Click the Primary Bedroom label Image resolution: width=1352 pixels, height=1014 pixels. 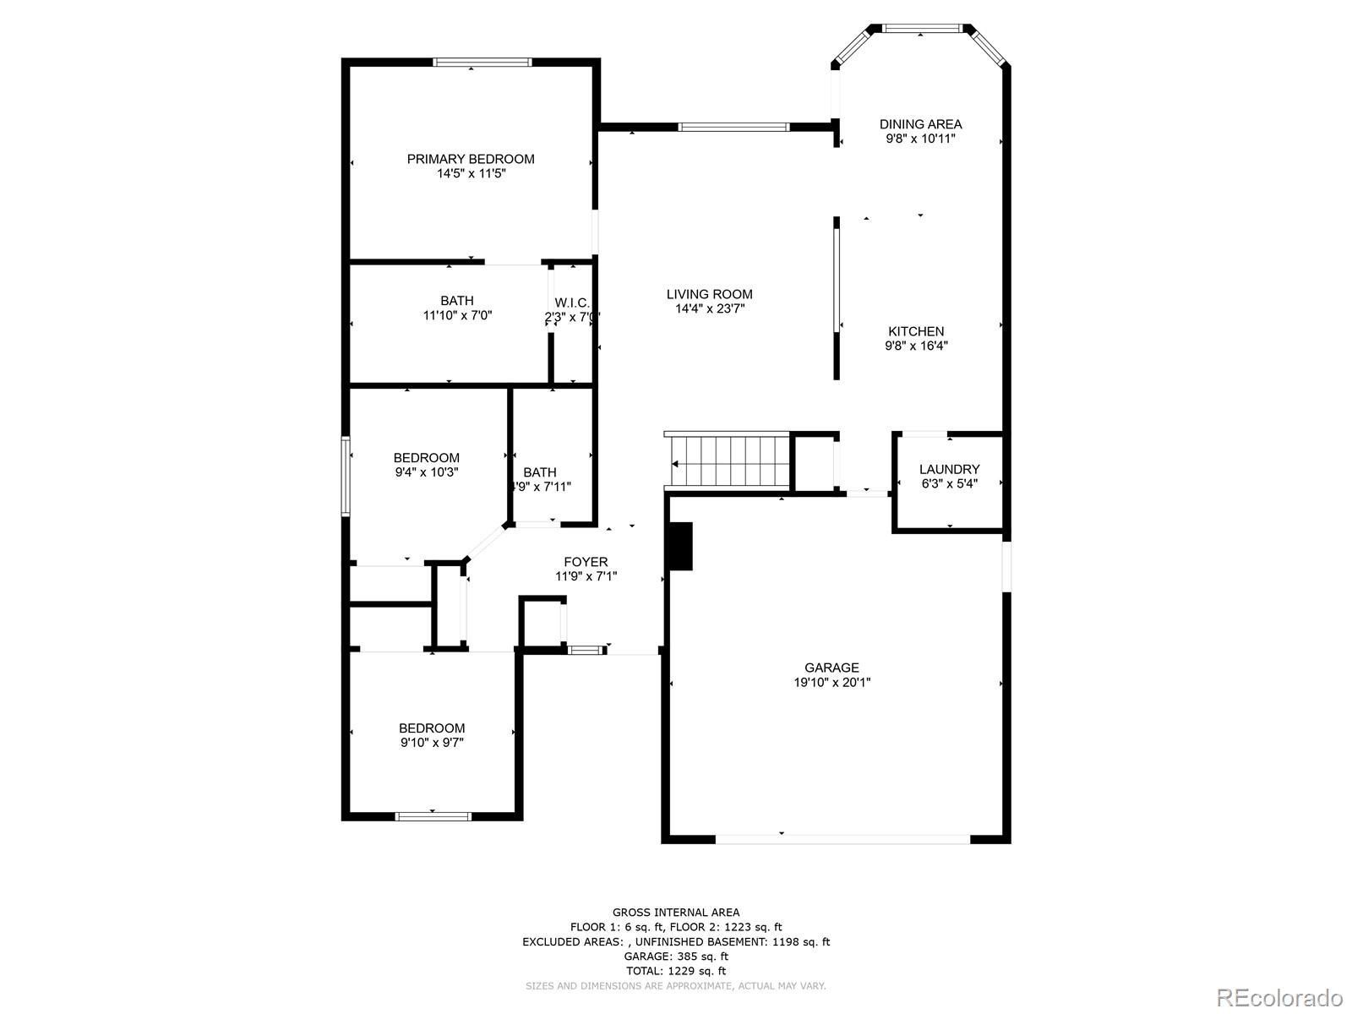click(x=471, y=159)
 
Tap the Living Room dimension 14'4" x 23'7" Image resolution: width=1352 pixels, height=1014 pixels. click(x=709, y=309)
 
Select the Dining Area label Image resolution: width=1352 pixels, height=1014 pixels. click(x=920, y=124)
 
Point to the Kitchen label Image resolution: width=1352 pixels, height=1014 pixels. click(x=916, y=331)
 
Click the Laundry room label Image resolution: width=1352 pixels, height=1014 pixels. click(x=949, y=469)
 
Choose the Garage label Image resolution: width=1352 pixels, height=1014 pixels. click(x=831, y=668)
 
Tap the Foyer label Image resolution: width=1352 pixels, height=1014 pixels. click(x=586, y=562)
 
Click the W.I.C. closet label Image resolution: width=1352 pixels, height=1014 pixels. click(x=572, y=303)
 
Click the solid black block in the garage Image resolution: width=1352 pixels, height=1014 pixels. click(x=679, y=546)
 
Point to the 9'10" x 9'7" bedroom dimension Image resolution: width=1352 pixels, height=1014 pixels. click(x=432, y=743)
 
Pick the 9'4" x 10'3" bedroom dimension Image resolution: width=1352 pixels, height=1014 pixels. click(x=427, y=472)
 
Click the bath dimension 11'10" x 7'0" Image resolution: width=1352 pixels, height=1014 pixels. click(x=457, y=315)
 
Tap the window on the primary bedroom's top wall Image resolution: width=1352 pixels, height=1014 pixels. click(x=482, y=62)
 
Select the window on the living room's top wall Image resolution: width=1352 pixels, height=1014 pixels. click(x=733, y=128)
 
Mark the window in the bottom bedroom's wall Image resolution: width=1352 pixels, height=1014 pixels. click(x=433, y=816)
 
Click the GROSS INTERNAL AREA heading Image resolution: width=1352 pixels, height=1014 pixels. click(x=676, y=912)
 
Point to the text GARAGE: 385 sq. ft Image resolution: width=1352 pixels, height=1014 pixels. click(x=676, y=957)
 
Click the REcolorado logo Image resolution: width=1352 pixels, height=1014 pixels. click(x=1281, y=997)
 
